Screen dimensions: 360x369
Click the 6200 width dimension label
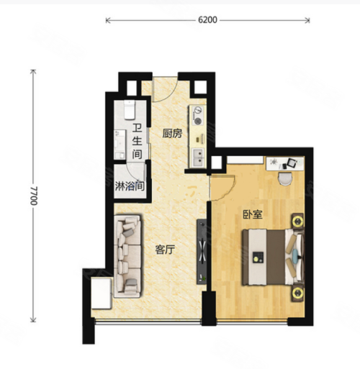(207, 20)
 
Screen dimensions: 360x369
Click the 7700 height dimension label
(34, 196)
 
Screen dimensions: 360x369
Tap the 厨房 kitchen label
(172, 134)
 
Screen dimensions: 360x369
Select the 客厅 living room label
(165, 250)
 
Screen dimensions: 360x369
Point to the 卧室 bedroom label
(253, 214)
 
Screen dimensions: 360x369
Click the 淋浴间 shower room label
(130, 186)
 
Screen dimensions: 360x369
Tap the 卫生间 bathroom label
(137, 141)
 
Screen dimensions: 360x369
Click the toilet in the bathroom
(130, 110)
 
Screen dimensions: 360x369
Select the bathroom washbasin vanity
(120, 145)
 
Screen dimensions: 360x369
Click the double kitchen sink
(198, 158)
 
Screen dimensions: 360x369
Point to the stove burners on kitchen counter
(198, 116)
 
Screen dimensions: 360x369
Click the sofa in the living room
(127, 256)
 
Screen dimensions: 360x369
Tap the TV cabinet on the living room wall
(202, 252)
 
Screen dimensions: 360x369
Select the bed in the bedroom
(273, 257)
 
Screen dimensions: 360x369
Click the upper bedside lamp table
(297, 222)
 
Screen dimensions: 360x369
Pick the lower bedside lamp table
(297, 292)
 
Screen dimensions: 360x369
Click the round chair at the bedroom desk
(285, 179)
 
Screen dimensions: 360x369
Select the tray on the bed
(258, 258)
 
